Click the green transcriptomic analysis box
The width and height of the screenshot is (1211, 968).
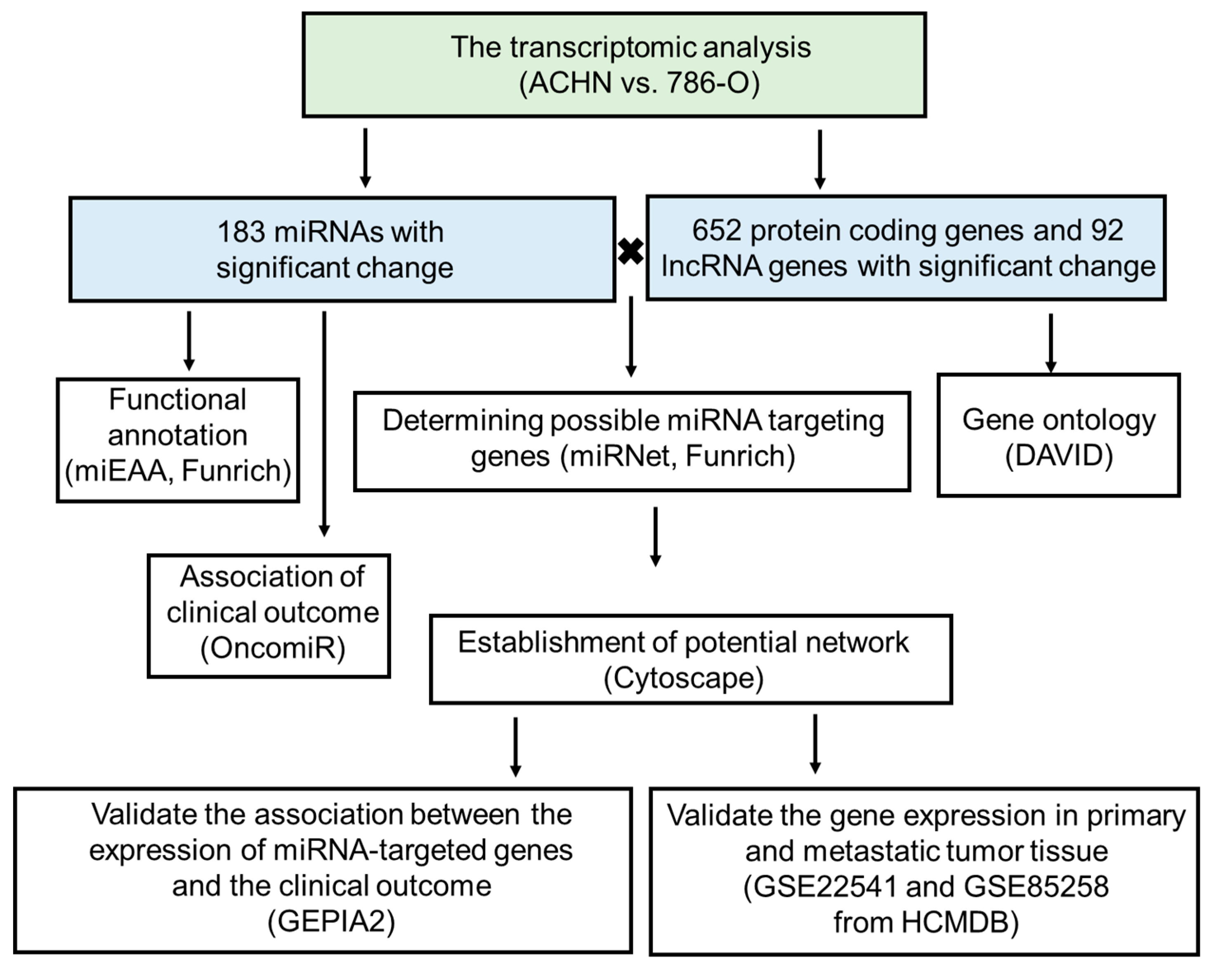(x=614, y=65)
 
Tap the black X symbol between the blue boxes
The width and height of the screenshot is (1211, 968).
(x=631, y=251)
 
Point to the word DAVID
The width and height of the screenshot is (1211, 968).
(x=1059, y=455)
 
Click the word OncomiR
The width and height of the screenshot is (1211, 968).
(x=273, y=648)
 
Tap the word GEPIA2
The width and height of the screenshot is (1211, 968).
(x=331, y=921)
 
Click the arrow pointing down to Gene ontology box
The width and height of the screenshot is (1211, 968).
(x=1050, y=343)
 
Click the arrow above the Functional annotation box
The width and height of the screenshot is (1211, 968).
(x=189, y=340)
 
